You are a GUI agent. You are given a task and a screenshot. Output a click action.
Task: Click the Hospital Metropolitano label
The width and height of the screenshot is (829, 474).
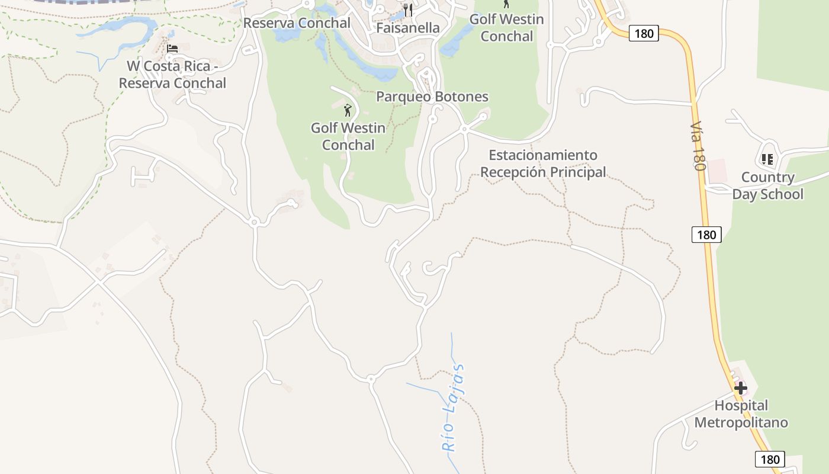pyautogui.click(x=741, y=414)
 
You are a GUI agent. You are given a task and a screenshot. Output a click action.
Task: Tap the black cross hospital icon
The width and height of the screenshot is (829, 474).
pyautogui.click(x=740, y=389)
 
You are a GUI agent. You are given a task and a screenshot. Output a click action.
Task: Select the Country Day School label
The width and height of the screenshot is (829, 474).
pyautogui.click(x=767, y=186)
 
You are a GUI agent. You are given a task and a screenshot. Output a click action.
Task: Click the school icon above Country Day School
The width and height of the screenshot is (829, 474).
pyautogui.click(x=767, y=159)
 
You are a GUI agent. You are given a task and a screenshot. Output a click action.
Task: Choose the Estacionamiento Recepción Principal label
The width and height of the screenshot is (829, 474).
pyautogui.click(x=543, y=164)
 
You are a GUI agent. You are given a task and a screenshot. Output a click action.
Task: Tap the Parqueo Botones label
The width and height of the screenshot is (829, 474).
pyautogui.click(x=432, y=97)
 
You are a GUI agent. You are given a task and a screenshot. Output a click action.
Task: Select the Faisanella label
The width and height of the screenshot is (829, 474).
pyautogui.click(x=408, y=28)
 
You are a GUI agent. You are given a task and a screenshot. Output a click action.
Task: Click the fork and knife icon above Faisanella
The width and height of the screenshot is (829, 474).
pyautogui.click(x=408, y=9)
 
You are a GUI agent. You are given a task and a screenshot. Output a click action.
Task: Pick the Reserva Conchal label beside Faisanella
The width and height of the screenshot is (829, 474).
pyautogui.click(x=297, y=23)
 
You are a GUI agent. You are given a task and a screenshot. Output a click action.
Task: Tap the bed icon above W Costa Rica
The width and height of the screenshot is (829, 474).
pyautogui.click(x=172, y=48)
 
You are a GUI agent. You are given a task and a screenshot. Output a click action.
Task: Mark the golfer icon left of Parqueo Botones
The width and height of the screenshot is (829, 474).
pyautogui.click(x=348, y=110)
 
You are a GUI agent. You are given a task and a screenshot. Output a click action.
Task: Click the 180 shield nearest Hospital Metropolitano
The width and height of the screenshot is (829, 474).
pyautogui.click(x=770, y=459)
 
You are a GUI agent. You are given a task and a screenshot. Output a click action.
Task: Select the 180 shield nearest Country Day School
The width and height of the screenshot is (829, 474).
pyautogui.click(x=706, y=235)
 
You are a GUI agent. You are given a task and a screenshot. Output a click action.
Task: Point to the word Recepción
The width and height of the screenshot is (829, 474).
pyautogui.click(x=513, y=172)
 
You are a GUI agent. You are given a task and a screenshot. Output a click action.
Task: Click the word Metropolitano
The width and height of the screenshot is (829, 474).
pyautogui.click(x=741, y=422)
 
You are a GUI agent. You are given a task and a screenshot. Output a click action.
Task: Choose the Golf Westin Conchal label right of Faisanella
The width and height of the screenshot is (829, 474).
pyautogui.click(x=506, y=27)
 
